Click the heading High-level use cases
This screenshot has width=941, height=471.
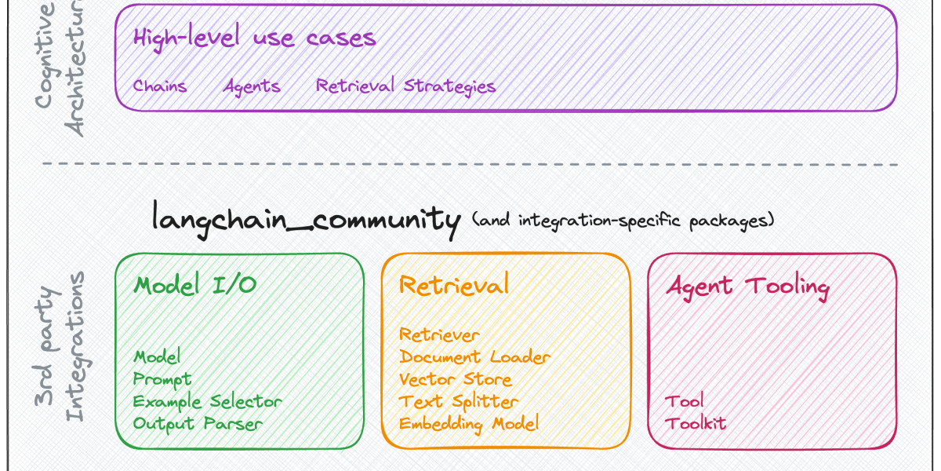[254, 38]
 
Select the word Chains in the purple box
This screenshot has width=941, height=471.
[160, 86]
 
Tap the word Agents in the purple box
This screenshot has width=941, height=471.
[252, 86]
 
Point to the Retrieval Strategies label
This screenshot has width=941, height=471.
[405, 86]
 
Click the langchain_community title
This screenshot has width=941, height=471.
[306, 218]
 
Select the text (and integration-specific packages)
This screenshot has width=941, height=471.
[623, 220]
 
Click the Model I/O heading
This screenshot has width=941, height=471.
[195, 285]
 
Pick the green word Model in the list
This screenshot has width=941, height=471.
[157, 357]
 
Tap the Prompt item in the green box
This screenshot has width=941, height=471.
[162, 379]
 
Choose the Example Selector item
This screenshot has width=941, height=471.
[207, 401]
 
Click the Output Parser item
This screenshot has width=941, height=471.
[197, 423]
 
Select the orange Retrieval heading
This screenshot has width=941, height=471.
[454, 284]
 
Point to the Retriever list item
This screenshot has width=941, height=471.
[438, 335]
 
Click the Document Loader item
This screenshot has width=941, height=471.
[474, 357]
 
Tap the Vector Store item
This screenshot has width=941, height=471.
[455, 379]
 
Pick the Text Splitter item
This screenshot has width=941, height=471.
[459, 401]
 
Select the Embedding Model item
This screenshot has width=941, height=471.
[469, 423]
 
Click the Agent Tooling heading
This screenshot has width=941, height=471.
[747, 286]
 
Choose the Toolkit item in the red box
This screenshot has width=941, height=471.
[695, 423]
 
